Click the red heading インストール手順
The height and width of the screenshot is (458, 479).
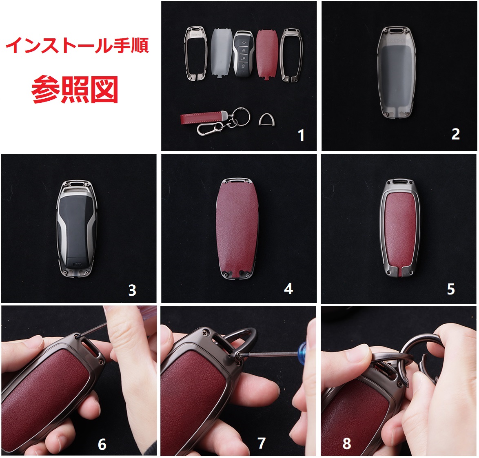coord(77,46)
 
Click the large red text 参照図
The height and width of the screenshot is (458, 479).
coord(75,89)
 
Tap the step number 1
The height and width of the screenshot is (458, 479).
coord(301,135)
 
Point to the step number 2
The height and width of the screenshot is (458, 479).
coord(455,134)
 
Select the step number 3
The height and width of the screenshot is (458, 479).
coord(132,290)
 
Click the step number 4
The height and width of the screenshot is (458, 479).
coord(288,289)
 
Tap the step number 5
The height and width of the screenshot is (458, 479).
coord(451,289)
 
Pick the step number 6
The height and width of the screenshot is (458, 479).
coord(102,444)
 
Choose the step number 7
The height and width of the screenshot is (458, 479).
coord(262,443)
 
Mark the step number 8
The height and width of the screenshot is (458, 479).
coord(347,443)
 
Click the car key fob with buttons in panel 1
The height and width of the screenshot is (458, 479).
coord(243,54)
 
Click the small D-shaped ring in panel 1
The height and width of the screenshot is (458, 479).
coord(266,119)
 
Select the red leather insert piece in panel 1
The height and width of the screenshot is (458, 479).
coord(267,54)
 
